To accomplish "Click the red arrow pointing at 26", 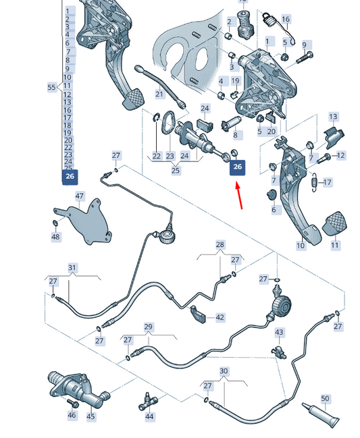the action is tap(239, 195).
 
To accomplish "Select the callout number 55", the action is tap(52, 87).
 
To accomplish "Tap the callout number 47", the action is tap(80, 196).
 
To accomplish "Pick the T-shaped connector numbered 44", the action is tap(147, 401).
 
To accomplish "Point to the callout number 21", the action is tap(159, 94).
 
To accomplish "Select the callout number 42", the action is tap(220, 317).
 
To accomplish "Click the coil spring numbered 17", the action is tap(315, 182).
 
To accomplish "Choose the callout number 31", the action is tap(72, 268).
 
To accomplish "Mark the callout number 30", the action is tap(224, 371).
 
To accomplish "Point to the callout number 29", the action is tap(149, 327).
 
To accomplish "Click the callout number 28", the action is tap(220, 245).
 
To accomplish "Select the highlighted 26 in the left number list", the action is tap(70, 177).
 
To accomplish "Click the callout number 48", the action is tap(55, 237).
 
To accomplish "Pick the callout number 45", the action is tap(91, 416).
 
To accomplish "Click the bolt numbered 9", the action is tap(305, 58).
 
